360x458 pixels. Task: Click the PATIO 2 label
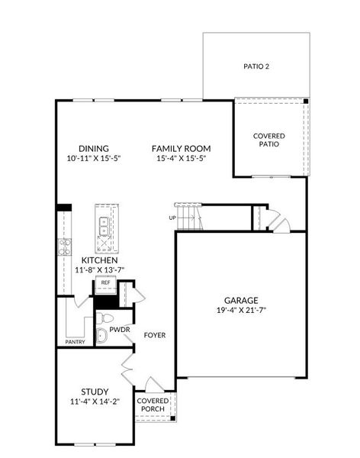[256, 66]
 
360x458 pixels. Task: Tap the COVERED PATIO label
[269, 140]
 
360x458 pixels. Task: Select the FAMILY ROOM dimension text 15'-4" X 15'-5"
[182, 158]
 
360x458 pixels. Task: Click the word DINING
[94, 148]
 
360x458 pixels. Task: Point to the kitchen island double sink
[104, 226]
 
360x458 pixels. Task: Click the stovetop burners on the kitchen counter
[65, 247]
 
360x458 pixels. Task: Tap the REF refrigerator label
[105, 282]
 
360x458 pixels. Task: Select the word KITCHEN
[100, 260]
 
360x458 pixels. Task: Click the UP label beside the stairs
[172, 218]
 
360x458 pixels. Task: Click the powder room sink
[101, 335]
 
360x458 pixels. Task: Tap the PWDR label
[120, 330]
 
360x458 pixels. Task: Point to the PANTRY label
[75, 342]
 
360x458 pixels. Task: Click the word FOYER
[155, 335]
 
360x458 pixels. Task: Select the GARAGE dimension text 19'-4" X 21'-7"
[241, 310]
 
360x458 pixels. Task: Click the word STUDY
[95, 392]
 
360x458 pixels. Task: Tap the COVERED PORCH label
[153, 405]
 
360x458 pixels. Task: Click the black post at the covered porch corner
[172, 418]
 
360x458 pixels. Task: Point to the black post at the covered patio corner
[305, 102]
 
